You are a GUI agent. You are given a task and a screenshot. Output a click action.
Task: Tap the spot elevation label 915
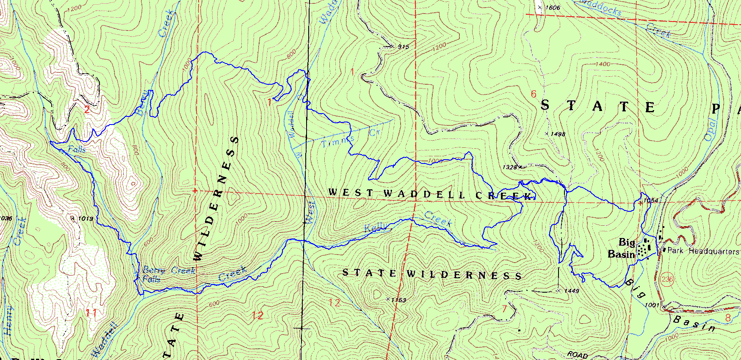pyautogui.click(x=404, y=47)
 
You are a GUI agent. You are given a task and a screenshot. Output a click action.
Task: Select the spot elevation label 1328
pyautogui.click(x=509, y=167)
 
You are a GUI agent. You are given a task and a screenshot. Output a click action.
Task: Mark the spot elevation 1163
pyautogui.click(x=398, y=300)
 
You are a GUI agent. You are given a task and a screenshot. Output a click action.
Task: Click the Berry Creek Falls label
pyautogui.click(x=169, y=274)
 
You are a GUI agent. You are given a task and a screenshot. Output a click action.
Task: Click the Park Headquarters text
pyautogui.click(x=703, y=251)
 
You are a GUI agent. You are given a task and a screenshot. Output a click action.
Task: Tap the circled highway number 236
pyautogui.click(x=666, y=279)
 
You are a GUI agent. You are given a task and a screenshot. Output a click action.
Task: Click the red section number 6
pyautogui.click(x=534, y=94)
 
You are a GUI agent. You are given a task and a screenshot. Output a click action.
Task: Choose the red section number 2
pyautogui.click(x=87, y=110)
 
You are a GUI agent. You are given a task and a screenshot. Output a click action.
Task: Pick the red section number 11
pyautogui.click(x=91, y=313)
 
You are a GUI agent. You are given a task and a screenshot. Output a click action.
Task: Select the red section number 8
pyautogui.click(x=727, y=318)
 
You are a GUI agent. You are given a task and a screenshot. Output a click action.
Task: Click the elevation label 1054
pyautogui.click(x=651, y=200)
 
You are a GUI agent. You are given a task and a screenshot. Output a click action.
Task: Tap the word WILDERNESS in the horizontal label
pyautogui.click(x=465, y=275)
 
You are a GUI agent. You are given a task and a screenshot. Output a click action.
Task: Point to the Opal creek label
pyautogui.click(x=710, y=130)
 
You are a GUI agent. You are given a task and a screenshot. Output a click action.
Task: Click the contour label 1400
pyautogui.click(x=603, y=64)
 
